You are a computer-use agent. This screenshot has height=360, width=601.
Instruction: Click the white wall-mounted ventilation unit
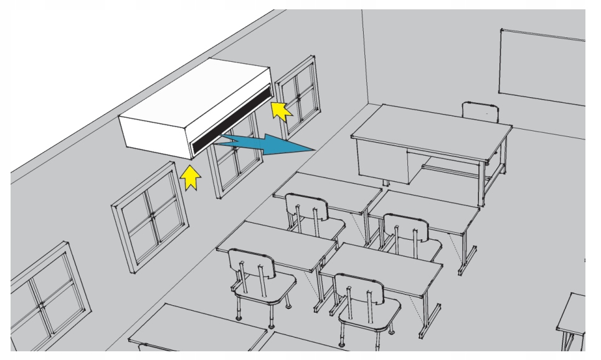pyautogui.click(x=187, y=112)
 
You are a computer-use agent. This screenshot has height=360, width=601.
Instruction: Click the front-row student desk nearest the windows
pyautogui.click(x=327, y=190)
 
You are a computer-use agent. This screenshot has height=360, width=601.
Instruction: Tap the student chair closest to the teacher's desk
pyautogui.click(x=405, y=234)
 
